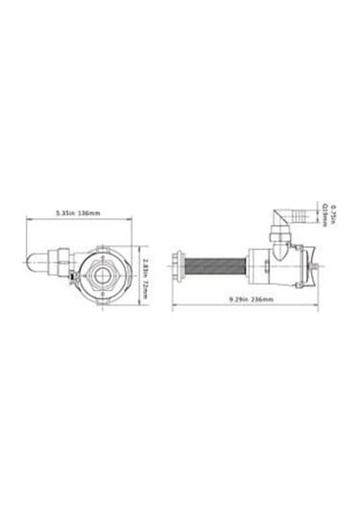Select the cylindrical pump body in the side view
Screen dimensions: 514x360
(278, 261)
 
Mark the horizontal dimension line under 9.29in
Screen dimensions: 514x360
(244, 308)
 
